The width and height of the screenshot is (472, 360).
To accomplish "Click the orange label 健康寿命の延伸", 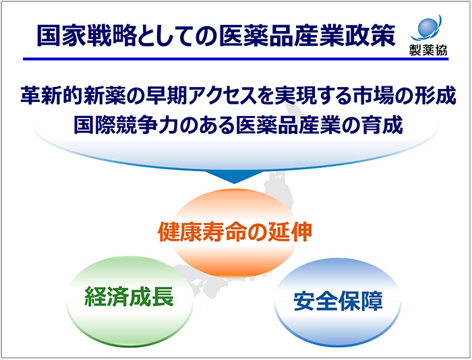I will point(235,232).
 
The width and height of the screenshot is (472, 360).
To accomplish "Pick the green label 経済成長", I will point(129,297).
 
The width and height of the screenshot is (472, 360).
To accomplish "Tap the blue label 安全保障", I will point(338,301).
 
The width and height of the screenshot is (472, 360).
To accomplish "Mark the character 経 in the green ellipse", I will point(95,297).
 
